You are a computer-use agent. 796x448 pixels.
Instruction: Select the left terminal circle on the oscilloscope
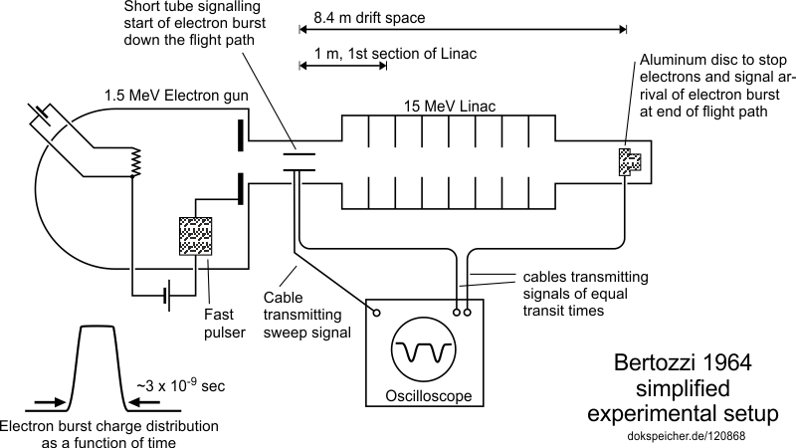click(x=377, y=312)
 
